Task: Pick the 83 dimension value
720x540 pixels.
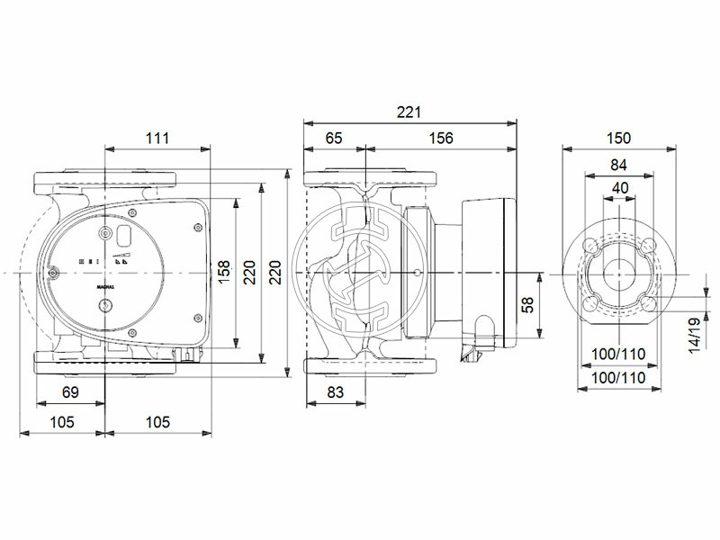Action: point(334,393)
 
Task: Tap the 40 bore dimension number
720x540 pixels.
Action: point(619,187)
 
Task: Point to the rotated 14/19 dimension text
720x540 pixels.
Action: point(694,335)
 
